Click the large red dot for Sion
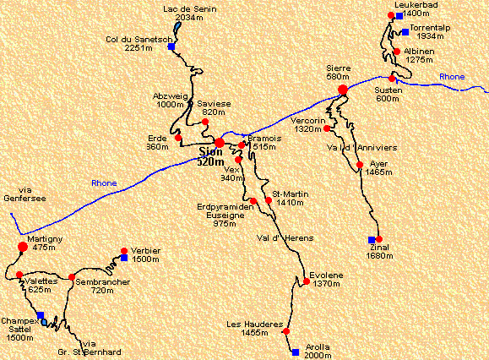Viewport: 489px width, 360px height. click(x=220, y=143)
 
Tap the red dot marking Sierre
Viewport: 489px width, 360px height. click(x=343, y=90)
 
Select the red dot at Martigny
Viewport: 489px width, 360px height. click(x=23, y=247)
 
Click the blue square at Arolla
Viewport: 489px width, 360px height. click(x=295, y=352)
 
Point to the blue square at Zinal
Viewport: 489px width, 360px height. click(x=371, y=240)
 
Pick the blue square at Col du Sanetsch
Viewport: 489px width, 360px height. click(x=171, y=47)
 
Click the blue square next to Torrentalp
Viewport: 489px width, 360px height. click(x=405, y=32)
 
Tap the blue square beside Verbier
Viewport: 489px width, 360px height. click(x=124, y=258)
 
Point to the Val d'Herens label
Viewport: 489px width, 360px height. click(x=279, y=237)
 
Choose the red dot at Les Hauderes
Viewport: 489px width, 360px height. click(x=287, y=331)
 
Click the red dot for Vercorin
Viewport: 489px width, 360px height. click(x=327, y=129)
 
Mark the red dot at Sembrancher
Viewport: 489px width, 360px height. click(x=72, y=277)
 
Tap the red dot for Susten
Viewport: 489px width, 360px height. click(x=392, y=79)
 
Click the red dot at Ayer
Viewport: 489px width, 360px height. click(x=360, y=165)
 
